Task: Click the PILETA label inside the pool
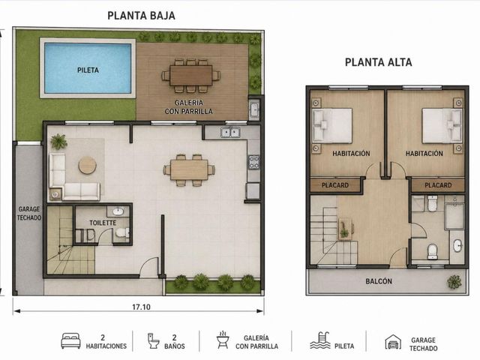coord(88,70)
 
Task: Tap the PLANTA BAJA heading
coord(141,16)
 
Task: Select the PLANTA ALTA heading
coord(378,62)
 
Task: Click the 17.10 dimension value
coord(141,307)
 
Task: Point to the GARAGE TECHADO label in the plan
coord(29,213)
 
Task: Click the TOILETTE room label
coord(103,223)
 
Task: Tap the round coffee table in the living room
coord(88,165)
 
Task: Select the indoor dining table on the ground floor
coord(189,170)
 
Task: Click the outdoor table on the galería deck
coord(191,75)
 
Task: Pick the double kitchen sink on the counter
coord(230,132)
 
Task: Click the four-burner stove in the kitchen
coord(253,162)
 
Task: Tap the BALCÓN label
coord(379,281)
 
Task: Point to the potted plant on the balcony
coord(454,282)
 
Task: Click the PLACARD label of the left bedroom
coord(335,185)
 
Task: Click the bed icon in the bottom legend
coord(70,340)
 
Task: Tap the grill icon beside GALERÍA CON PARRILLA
coord(223,340)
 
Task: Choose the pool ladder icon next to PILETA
coord(320,340)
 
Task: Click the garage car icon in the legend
coord(393,342)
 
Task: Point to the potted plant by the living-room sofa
coord(58,142)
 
